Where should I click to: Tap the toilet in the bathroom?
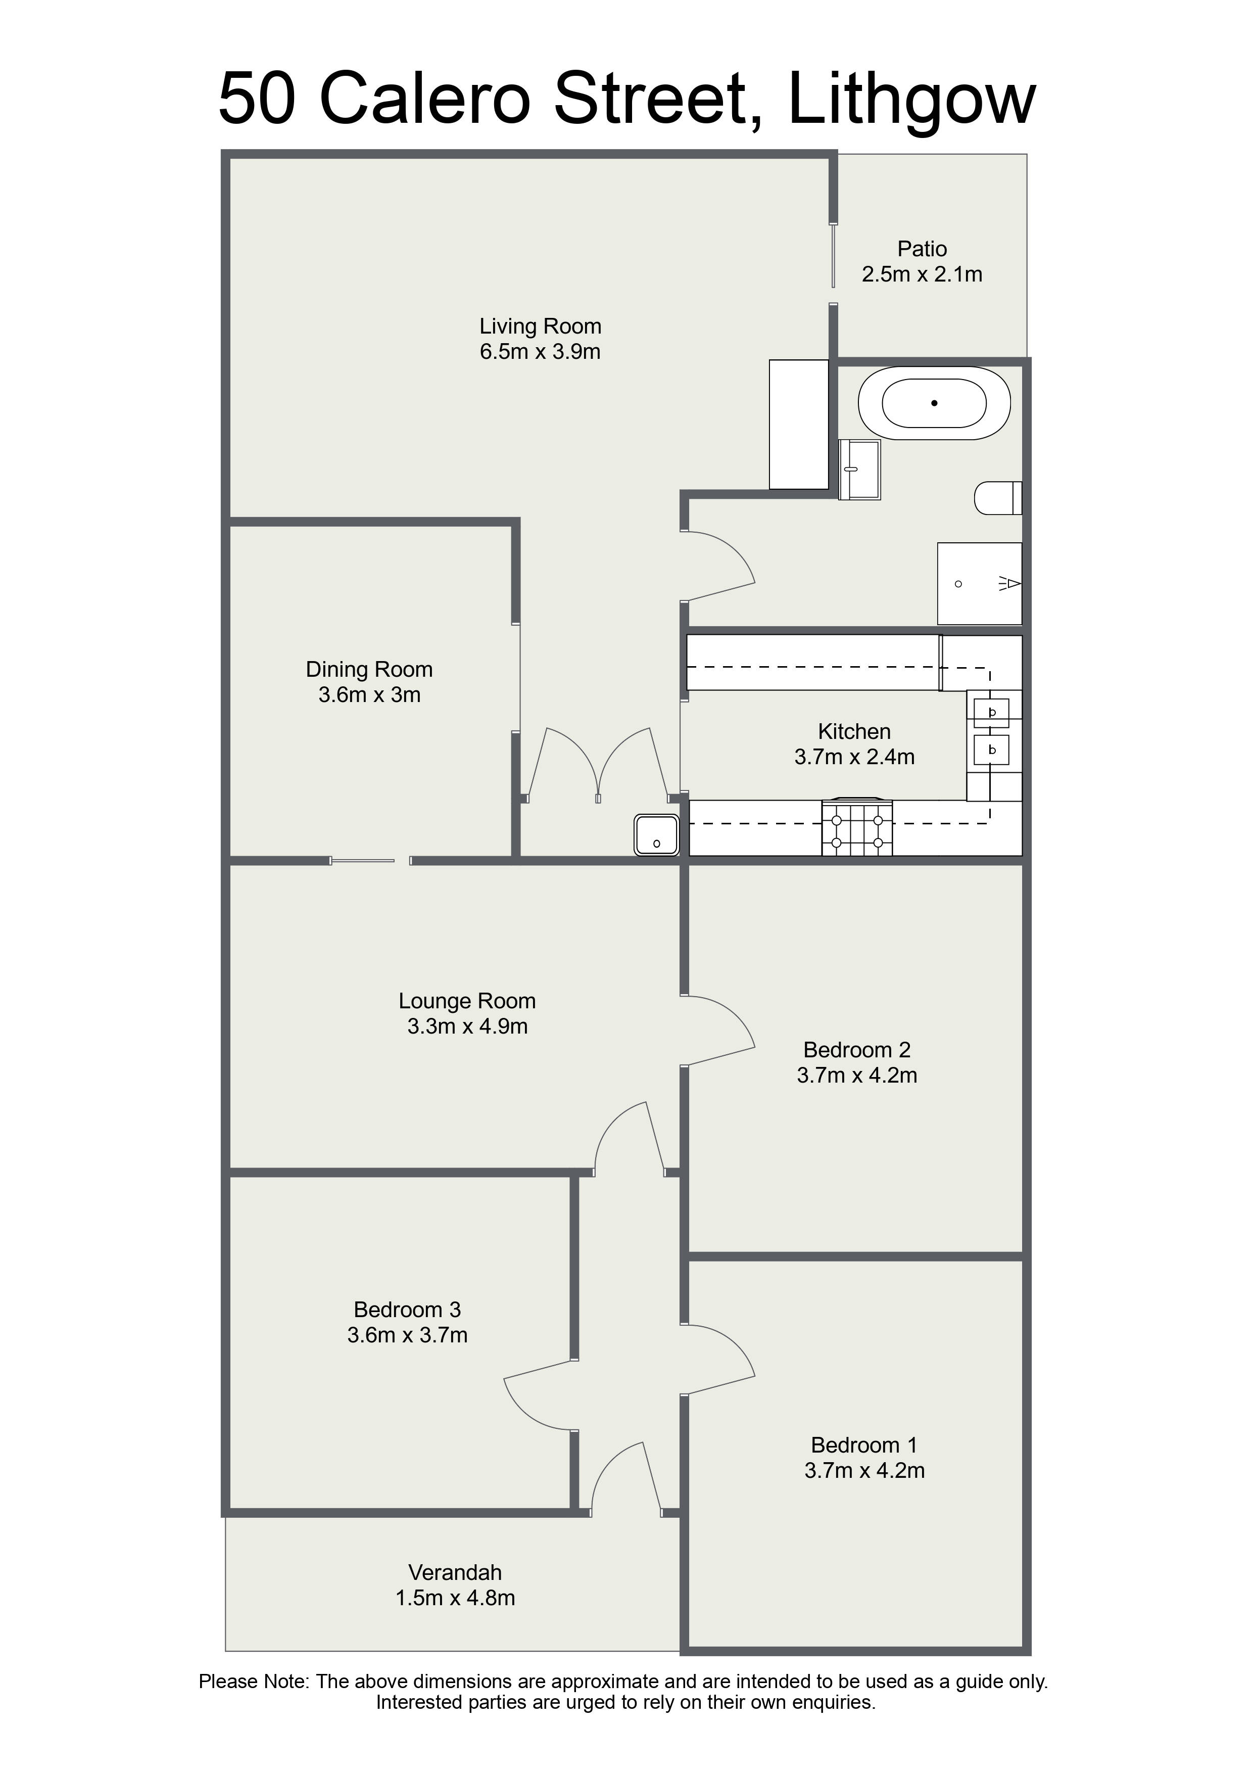tap(998, 498)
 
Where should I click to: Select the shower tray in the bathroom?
tap(980, 584)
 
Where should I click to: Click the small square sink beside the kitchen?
tap(656, 835)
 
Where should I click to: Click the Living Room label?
tap(541, 326)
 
